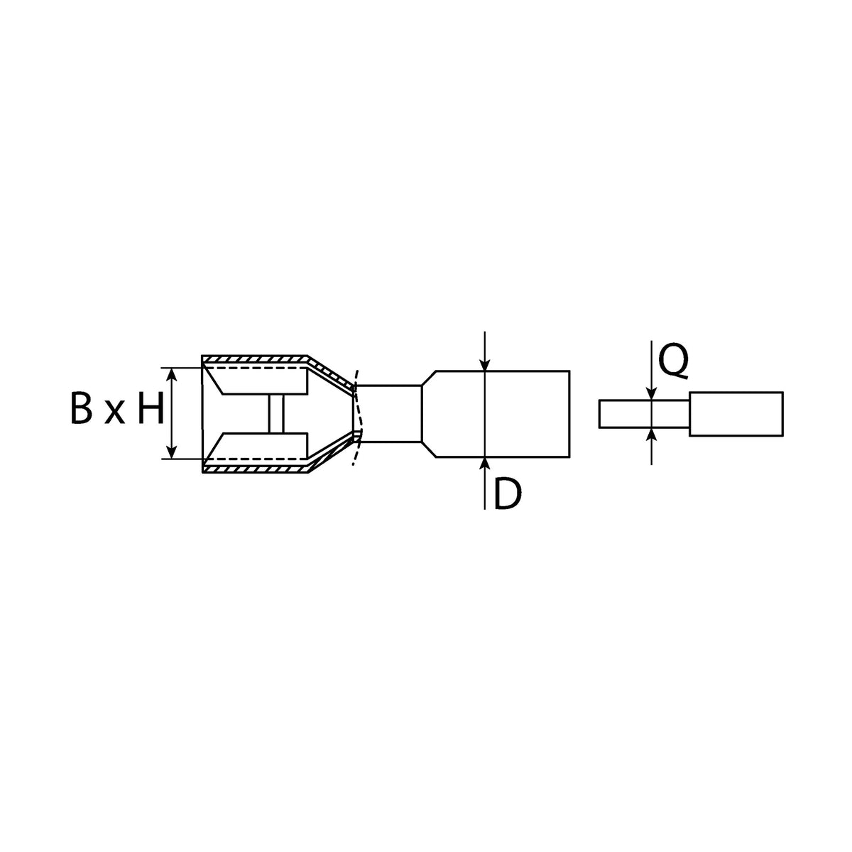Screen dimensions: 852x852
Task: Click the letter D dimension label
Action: click(507, 494)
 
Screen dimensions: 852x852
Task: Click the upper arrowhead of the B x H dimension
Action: click(172, 374)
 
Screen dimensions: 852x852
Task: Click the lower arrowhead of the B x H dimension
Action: click(172, 452)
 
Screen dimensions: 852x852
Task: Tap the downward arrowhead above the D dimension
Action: click(485, 364)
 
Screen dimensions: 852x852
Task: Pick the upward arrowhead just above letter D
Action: click(485, 464)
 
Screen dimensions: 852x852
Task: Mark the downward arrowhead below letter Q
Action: click(651, 393)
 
